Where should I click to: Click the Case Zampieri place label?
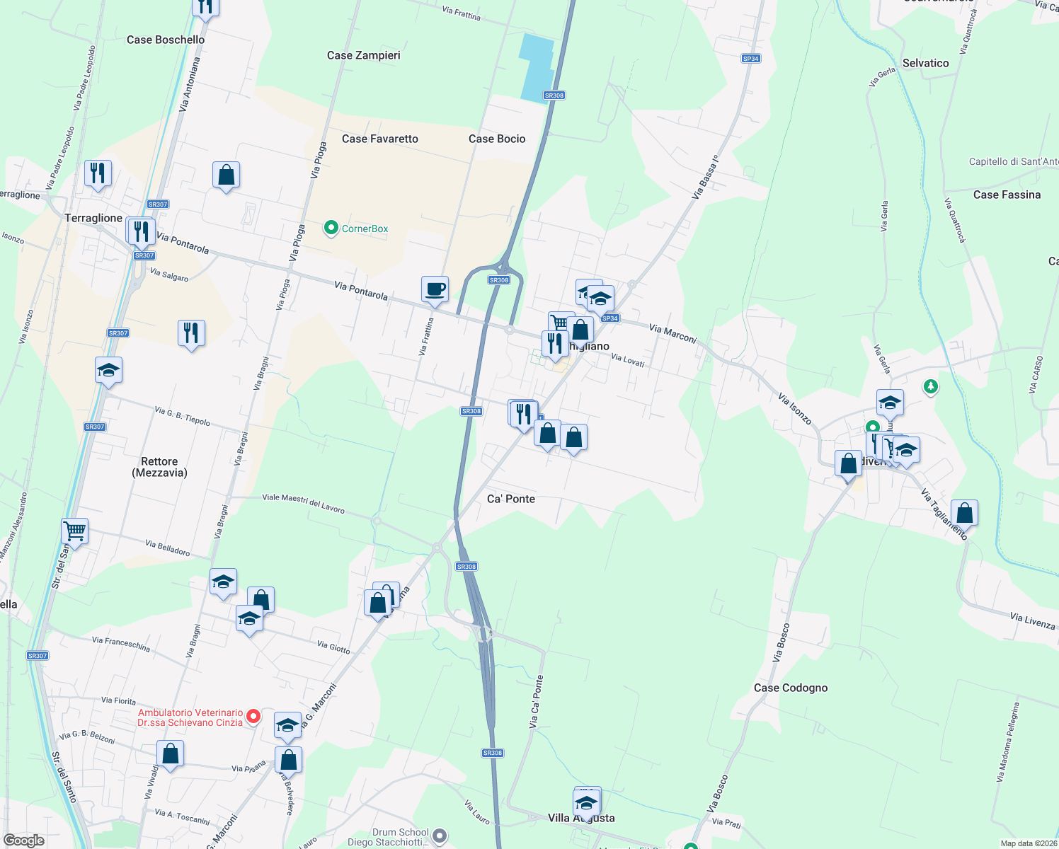tap(363, 55)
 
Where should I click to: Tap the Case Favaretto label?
tap(379, 139)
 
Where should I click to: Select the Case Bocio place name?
tap(497, 139)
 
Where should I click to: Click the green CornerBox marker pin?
tap(331, 228)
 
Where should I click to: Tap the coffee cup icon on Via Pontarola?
tap(435, 289)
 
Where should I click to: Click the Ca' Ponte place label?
tap(511, 499)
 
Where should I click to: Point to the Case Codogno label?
tap(790, 688)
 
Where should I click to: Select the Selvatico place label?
tap(925, 63)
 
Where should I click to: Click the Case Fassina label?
tap(1007, 195)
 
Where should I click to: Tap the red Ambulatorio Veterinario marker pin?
tap(253, 717)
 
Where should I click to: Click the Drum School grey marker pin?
tap(440, 836)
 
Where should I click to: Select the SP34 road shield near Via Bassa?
tap(751, 59)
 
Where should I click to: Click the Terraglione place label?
tap(93, 218)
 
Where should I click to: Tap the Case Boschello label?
tap(166, 40)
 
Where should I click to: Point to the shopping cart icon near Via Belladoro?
tap(74, 530)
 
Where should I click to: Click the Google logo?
tap(23, 841)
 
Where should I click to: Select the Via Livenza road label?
tap(1032, 621)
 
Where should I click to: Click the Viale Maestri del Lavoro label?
tap(303, 503)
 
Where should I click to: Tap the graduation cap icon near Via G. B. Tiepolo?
tap(108, 370)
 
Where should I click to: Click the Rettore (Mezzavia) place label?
tap(159, 467)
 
